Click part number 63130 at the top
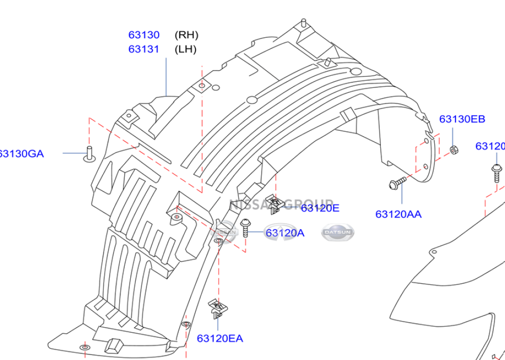[144, 35]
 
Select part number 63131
[144, 49]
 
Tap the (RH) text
[186, 35]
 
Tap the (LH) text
[185, 49]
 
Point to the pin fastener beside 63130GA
[89, 153]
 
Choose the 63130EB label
[462, 119]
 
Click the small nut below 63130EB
[453, 150]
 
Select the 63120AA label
[398, 214]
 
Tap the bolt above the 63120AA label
[397, 183]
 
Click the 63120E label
[320, 207]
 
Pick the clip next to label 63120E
[274, 204]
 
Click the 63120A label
[285, 233]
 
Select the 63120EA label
[220, 338]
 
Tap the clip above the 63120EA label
[217, 307]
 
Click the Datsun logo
[337, 232]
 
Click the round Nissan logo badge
[225, 232]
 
